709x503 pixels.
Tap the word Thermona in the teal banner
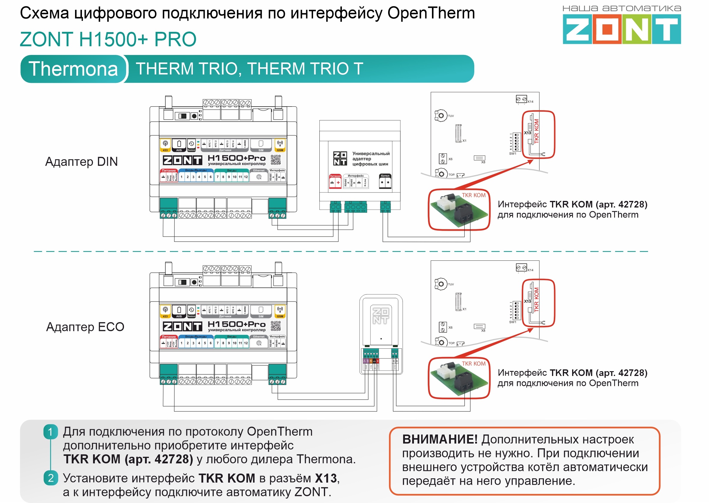tap(73, 69)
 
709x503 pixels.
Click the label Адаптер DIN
tap(81, 162)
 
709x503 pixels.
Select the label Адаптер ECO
tap(85, 327)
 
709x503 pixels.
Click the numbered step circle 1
tap(50, 432)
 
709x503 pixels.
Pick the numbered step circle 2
tap(50, 478)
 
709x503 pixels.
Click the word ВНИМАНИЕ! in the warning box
tap(440, 439)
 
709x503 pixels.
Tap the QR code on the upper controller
tap(276, 160)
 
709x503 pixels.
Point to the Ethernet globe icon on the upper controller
tap(259, 177)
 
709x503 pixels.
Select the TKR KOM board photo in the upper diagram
tap(459, 210)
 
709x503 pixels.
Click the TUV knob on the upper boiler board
tap(441, 116)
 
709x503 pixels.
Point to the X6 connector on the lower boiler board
tap(443, 327)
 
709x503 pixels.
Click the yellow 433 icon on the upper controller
tap(165, 145)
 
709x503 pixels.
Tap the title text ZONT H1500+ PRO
tap(108, 39)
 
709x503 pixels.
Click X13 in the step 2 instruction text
tap(326, 478)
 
